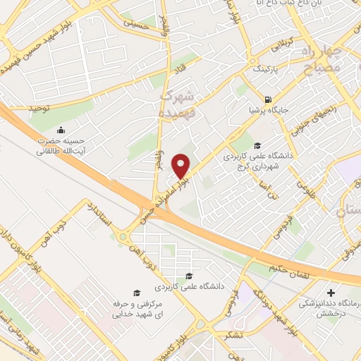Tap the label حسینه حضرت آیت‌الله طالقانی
click(x=62, y=145)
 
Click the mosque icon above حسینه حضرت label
click(x=61, y=130)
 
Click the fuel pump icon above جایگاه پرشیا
click(x=267, y=99)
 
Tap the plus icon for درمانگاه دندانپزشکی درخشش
click(x=332, y=292)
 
